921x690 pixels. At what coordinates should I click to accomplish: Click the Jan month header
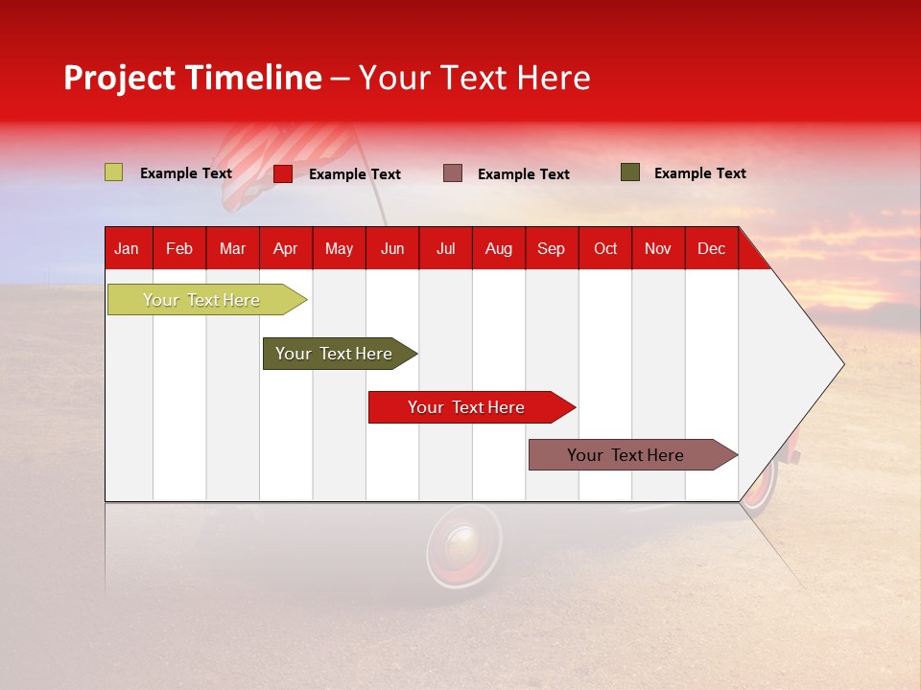pyautogui.click(x=127, y=249)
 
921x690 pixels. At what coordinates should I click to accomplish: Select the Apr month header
pyautogui.click(x=285, y=249)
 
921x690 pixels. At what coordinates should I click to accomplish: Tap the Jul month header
pyautogui.click(x=445, y=249)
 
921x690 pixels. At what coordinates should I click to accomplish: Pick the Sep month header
pyautogui.click(x=551, y=249)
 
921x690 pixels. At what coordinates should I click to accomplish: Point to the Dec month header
pyautogui.click(x=711, y=249)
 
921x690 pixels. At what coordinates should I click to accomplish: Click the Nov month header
pyautogui.click(x=657, y=249)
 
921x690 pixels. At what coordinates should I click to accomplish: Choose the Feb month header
pyautogui.click(x=179, y=249)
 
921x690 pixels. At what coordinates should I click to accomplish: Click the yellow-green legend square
pyautogui.click(x=114, y=172)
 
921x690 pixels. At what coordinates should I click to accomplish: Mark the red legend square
pyautogui.click(x=283, y=173)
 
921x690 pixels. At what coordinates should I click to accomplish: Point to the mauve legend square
pyautogui.click(x=453, y=173)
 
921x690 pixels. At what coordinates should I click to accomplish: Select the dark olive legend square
pyautogui.click(x=630, y=172)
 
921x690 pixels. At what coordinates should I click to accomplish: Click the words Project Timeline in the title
pyautogui.click(x=192, y=78)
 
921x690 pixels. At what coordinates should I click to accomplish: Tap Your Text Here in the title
pyautogui.click(x=474, y=78)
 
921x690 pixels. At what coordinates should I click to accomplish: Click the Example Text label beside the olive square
pyautogui.click(x=699, y=173)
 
